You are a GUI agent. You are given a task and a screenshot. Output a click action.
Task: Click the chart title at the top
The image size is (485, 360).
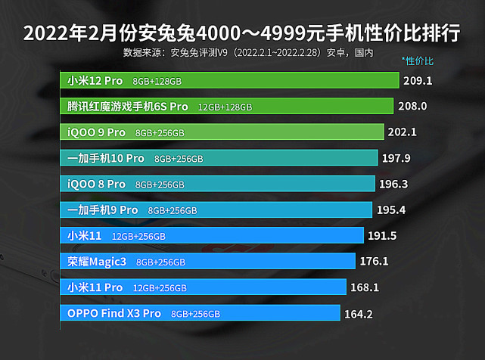point(242,33)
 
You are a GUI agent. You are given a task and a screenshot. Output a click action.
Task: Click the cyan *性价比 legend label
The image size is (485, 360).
point(418,61)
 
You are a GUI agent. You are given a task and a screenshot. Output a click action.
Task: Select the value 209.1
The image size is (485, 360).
point(418,80)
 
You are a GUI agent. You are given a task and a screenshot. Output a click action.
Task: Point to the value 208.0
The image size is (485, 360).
point(412,107)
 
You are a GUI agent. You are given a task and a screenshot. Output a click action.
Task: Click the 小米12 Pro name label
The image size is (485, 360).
point(95,80)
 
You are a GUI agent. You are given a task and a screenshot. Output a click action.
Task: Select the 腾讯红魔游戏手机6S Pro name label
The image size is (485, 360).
point(127,107)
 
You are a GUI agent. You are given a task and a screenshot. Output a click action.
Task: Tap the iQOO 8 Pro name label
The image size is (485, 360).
point(96,184)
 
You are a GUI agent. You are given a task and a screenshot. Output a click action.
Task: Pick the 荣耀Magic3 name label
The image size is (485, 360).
point(98,262)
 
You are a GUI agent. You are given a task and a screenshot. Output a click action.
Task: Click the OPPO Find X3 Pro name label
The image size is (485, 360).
point(113,313)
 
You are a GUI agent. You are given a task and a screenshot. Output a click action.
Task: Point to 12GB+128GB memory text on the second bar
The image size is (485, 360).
point(225,107)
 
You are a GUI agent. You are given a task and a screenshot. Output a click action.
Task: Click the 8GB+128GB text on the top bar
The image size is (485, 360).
point(157,81)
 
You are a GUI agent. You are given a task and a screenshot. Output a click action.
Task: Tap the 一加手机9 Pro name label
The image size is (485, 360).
point(102,209)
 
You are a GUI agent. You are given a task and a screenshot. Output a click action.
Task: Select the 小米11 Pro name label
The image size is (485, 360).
point(95,287)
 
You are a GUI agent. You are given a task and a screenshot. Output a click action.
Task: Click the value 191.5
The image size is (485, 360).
point(382,235)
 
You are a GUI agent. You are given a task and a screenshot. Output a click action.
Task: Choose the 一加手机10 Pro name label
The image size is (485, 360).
point(105,158)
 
